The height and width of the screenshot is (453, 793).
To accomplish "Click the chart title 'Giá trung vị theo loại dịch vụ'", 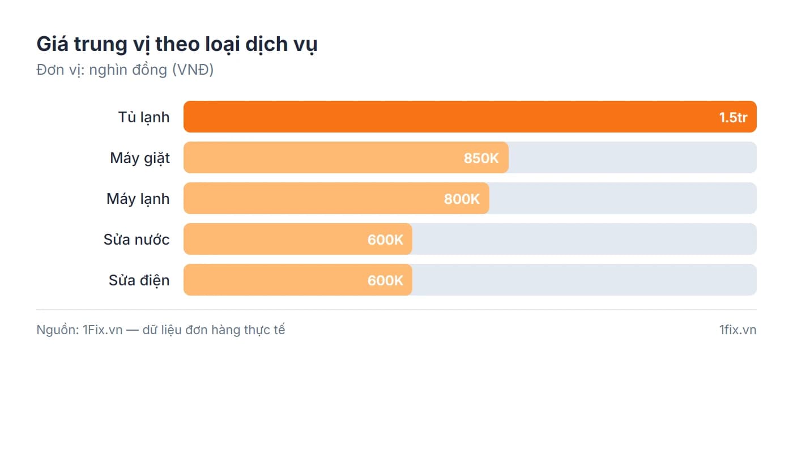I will [177, 44].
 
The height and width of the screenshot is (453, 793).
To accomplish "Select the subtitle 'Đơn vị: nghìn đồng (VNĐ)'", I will [125, 70].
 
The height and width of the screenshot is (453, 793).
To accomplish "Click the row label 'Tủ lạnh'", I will [144, 117].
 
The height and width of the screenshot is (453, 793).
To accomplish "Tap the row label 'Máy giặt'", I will [140, 158].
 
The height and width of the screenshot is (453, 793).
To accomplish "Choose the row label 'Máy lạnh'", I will [138, 199].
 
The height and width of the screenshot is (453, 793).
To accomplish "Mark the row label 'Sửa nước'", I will [137, 240].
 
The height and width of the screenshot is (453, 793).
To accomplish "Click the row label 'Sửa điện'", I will [139, 280].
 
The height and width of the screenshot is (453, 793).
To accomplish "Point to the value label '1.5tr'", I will [733, 117].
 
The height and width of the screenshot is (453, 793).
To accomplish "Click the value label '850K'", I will [481, 158].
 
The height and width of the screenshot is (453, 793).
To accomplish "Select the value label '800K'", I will [462, 199].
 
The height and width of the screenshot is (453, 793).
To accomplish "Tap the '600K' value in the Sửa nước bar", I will [385, 240].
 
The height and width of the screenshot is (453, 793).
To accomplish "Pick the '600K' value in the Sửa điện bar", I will [385, 280].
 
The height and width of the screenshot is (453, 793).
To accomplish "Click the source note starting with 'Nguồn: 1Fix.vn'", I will [161, 330].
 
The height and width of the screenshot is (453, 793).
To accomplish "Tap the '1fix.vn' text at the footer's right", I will [737, 330].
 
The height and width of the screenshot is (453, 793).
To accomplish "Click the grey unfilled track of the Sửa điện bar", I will [583, 280].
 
